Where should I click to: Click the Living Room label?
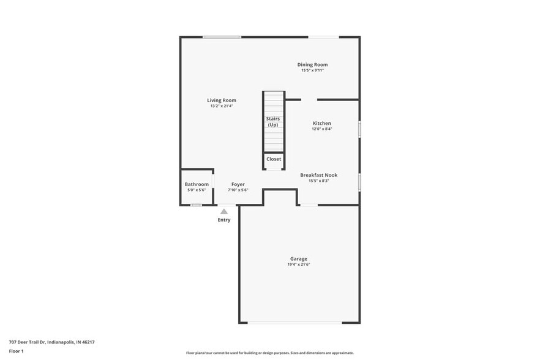(x=221, y=100)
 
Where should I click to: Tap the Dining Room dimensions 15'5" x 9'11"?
(x=312, y=70)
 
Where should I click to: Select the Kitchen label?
(x=321, y=123)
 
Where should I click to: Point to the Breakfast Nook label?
(x=318, y=175)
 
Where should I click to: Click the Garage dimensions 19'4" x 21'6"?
(x=298, y=264)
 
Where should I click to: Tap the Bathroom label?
(x=197, y=184)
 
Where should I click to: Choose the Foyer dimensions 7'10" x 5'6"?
(x=238, y=190)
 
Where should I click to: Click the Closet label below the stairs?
(x=274, y=159)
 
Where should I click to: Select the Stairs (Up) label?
(x=273, y=121)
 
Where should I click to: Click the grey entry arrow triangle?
(x=224, y=211)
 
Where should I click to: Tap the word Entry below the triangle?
(x=224, y=220)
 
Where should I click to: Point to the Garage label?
(x=298, y=258)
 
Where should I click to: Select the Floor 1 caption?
(x=17, y=351)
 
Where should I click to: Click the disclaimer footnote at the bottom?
(x=269, y=353)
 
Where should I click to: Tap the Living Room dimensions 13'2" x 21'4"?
(x=221, y=106)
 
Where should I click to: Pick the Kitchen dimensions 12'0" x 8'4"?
(x=321, y=129)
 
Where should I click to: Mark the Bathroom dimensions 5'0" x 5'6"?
(x=197, y=190)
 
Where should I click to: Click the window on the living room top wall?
(x=222, y=37)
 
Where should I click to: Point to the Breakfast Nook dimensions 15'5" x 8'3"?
(x=318, y=181)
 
